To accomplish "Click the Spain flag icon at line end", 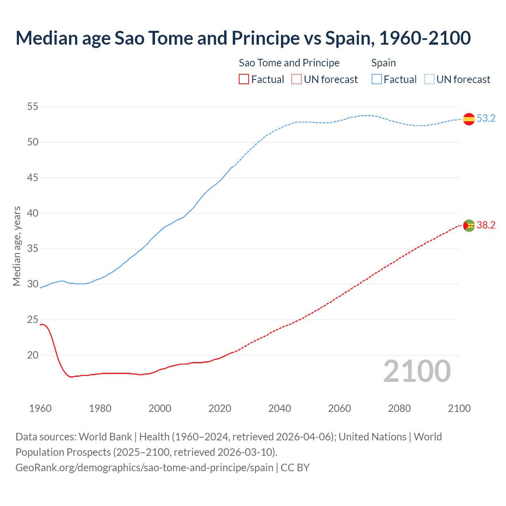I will point(469,119).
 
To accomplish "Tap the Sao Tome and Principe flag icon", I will point(469,225).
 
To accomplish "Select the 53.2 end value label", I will point(486,119).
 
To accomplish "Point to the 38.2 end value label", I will point(486,225).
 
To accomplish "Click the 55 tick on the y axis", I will point(33,107).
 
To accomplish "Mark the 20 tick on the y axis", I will point(33,355).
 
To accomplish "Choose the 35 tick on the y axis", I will point(33,249).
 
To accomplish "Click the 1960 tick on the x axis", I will point(40,408).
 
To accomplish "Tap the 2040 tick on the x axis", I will point(279,408).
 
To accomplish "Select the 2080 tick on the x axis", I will point(399,408).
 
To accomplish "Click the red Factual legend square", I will point(244,79).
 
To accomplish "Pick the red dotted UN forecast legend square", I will point(296,79).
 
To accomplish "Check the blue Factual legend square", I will point(376,79).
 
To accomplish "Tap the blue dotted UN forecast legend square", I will point(429,79).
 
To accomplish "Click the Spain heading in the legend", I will point(383,63).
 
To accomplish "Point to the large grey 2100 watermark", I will point(417,371).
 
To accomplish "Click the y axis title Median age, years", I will point(17,246).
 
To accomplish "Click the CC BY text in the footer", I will point(295,468).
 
